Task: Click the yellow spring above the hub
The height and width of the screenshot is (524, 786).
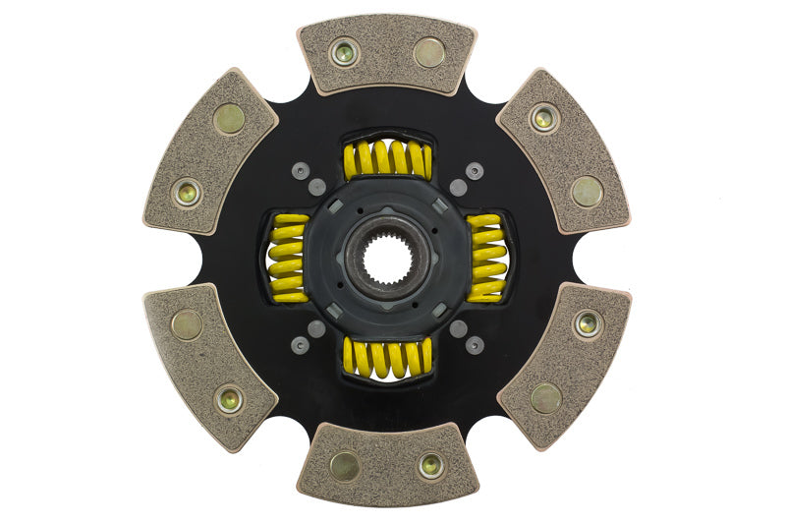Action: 387,159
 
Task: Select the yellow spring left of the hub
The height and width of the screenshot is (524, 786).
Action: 288,259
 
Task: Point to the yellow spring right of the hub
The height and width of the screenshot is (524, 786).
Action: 486,258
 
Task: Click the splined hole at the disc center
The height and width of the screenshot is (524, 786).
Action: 387,259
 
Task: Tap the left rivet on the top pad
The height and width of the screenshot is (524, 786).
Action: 344,52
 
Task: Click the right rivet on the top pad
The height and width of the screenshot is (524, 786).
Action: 428,52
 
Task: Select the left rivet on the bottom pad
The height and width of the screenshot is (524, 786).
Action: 344,466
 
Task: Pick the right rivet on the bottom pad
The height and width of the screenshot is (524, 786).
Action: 430,466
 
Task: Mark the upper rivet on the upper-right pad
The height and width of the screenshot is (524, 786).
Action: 543,118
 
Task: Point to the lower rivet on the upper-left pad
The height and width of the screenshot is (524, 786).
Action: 187,193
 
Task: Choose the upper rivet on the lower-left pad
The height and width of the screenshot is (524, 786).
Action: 187,324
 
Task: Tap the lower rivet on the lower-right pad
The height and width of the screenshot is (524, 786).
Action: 545,397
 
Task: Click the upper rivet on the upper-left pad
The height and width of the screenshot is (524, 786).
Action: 229,119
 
